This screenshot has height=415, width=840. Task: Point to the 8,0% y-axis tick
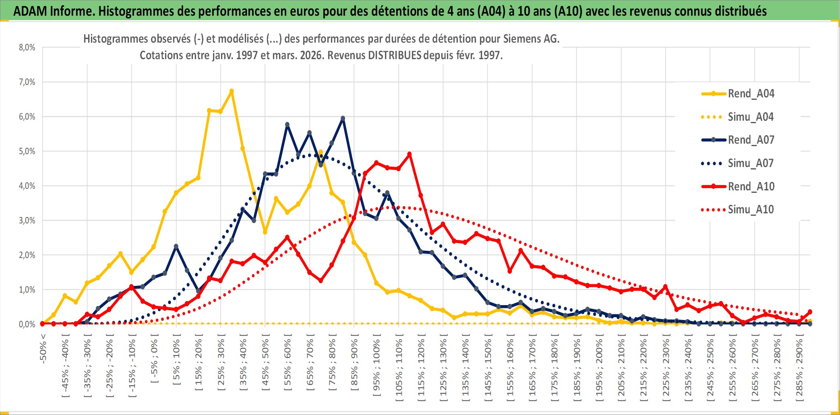27,47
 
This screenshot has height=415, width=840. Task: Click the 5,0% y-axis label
27,151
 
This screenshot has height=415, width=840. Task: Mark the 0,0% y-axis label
27,324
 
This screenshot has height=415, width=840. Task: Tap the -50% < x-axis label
43,349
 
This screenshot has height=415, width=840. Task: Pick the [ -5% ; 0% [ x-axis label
154,358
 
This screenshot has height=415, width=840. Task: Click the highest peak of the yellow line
232,91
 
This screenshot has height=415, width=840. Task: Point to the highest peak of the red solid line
410,154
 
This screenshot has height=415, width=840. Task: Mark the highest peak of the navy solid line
343,118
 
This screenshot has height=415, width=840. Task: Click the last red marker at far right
810,312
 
